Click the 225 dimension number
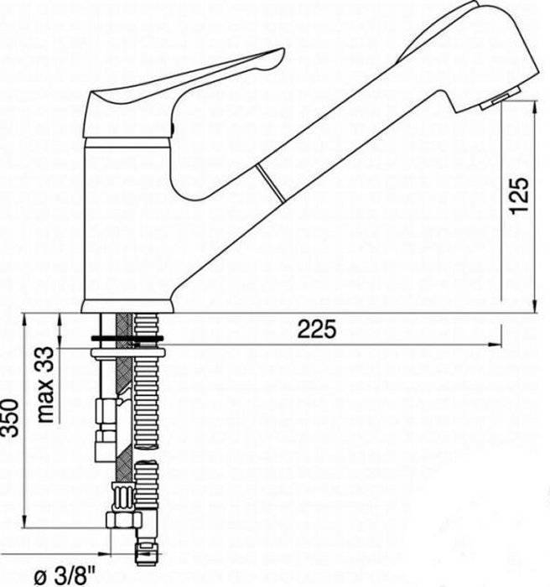coord(317,329)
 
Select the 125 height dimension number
coord(520,195)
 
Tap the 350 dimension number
coord(9,418)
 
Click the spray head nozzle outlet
coord(501,98)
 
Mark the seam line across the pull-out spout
coord(270,183)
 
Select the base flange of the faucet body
coord(127,306)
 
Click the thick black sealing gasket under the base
coord(127,339)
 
